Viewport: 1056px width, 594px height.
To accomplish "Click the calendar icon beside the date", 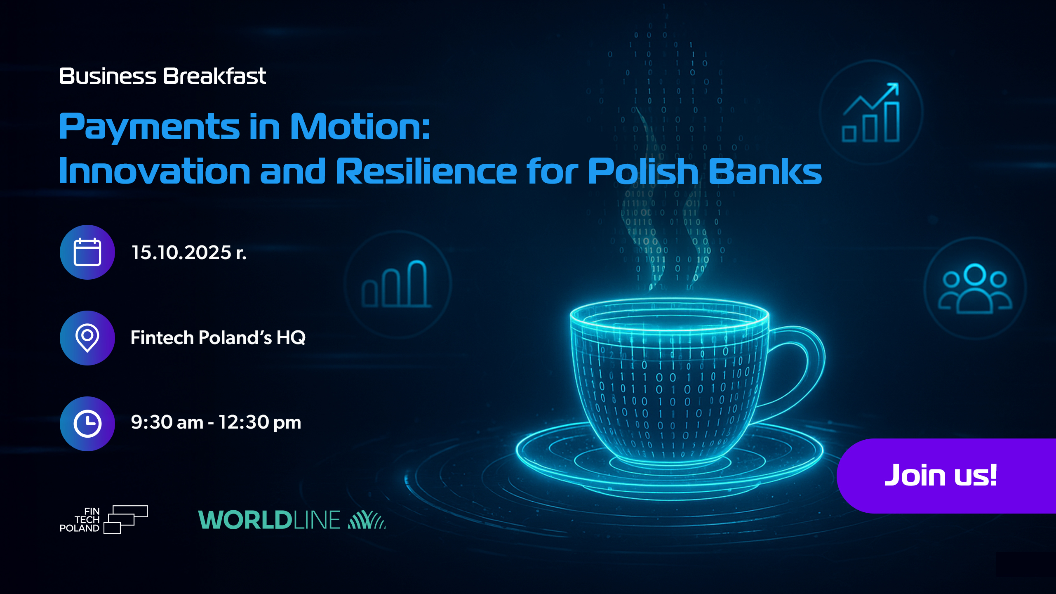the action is (87, 252).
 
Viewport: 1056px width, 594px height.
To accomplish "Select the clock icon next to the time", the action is (87, 424).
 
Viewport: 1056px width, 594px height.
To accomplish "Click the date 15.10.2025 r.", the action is (189, 252).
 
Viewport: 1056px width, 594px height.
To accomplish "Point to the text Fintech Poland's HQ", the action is (218, 337).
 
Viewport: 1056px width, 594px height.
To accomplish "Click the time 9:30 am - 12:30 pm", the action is (216, 422).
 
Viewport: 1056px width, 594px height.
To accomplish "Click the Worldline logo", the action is (292, 520).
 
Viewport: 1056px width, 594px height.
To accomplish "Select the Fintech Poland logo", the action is (103, 520).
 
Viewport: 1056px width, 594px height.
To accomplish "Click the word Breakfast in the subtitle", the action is (214, 76).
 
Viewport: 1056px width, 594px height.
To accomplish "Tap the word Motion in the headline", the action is (360, 126).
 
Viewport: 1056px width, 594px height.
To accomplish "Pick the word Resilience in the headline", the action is (426, 171).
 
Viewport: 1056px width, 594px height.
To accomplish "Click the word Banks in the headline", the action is (765, 171).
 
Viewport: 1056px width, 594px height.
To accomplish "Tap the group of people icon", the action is (975, 288).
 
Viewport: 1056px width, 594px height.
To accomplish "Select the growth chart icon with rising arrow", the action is (871, 112).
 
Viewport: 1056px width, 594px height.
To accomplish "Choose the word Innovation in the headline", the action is (155, 171).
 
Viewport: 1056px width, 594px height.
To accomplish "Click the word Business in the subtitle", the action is (108, 76).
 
